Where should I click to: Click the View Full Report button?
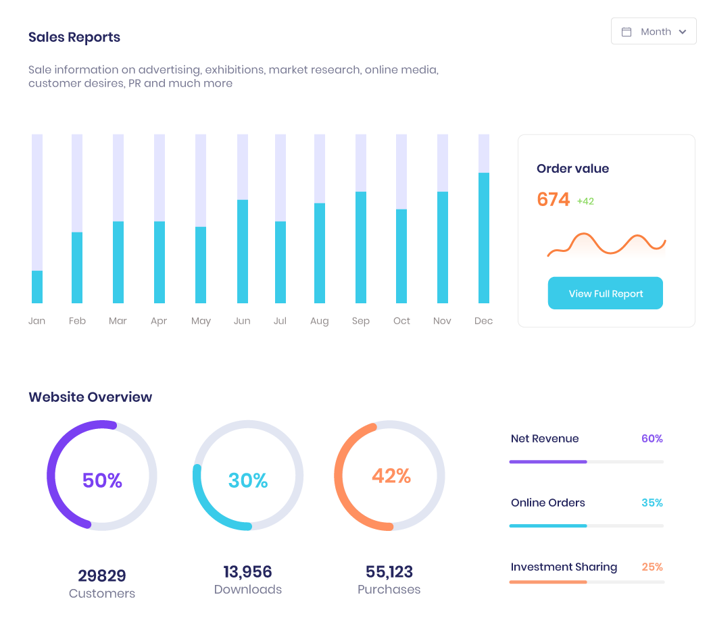[x=605, y=293]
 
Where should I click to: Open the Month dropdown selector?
[x=654, y=32]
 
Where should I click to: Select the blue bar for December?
[x=484, y=238]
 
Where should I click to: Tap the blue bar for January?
[x=37, y=287]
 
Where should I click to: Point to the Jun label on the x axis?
[x=242, y=321]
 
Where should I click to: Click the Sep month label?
[x=361, y=321]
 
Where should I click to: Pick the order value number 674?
[x=553, y=200]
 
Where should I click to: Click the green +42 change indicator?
[x=585, y=201]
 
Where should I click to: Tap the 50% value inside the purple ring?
[x=102, y=480]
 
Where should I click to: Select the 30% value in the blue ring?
[x=248, y=480]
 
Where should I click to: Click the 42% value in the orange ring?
[x=391, y=476]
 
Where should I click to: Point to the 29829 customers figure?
[x=102, y=576]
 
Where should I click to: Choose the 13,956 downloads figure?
[x=247, y=571]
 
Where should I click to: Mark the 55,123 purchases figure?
[x=389, y=571]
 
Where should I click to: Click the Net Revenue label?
[x=545, y=438]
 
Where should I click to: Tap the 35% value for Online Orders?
[x=652, y=503]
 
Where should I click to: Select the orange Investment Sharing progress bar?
[x=548, y=582]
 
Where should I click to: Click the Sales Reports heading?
[x=74, y=37]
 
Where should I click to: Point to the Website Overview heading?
[x=90, y=397]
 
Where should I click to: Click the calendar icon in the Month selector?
[x=627, y=32]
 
